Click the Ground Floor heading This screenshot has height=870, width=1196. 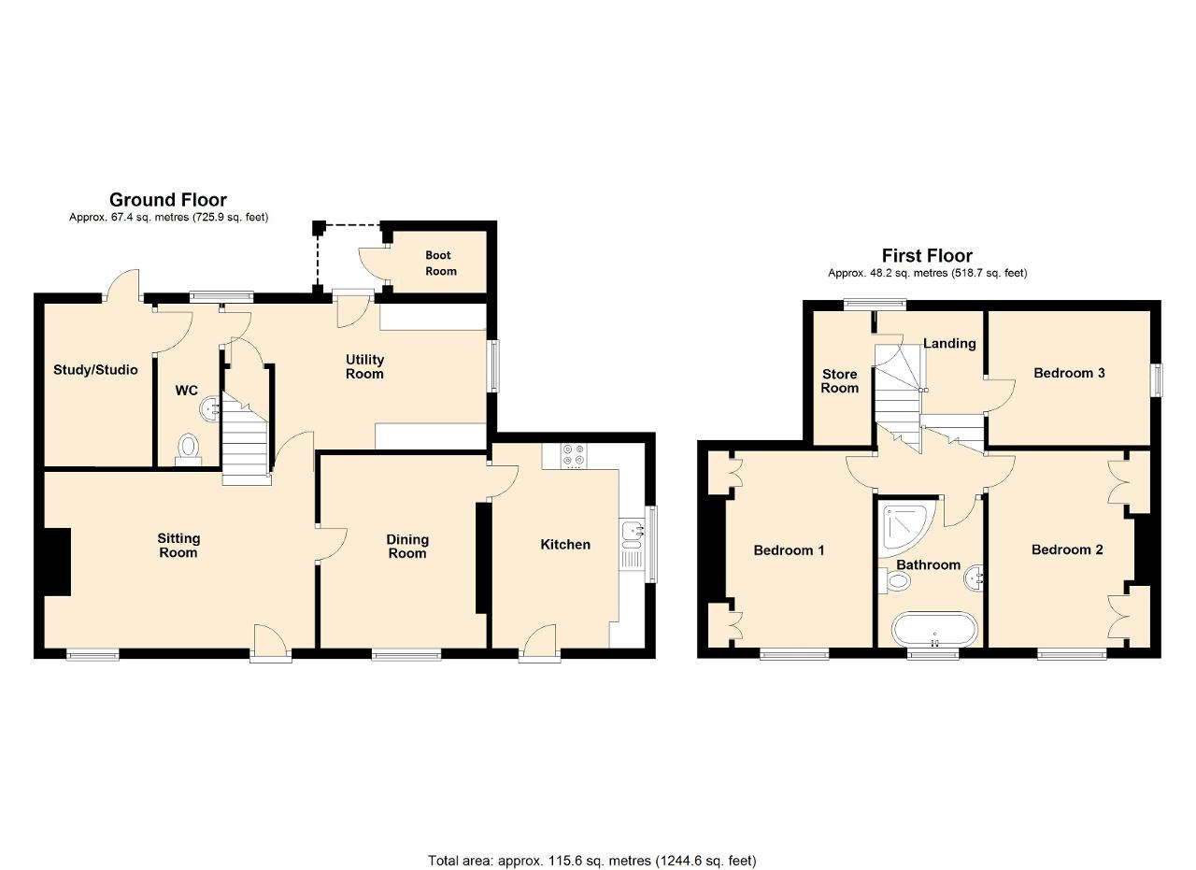pos(168,200)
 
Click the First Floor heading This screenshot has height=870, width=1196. pos(927,255)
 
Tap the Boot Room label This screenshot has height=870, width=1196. pos(440,264)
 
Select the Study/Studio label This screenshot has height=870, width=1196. pos(95,369)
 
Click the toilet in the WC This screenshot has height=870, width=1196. pos(188,448)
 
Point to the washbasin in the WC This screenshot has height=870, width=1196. pos(210,409)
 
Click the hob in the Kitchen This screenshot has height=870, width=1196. pos(574,456)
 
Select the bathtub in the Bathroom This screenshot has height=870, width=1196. pos(934,629)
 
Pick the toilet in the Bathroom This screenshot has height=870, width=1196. pos(894,580)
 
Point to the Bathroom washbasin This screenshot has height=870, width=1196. pos(974,577)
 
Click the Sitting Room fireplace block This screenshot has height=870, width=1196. pos(57,562)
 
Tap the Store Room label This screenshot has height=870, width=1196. pos(839,380)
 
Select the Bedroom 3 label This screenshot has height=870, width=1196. pos(1069,373)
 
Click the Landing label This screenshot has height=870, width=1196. pos(949,343)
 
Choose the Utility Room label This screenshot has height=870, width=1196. pos(364,366)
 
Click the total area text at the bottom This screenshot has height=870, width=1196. pos(592,831)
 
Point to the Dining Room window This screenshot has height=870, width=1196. pos(406,655)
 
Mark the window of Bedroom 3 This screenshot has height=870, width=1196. pos(1156,380)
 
